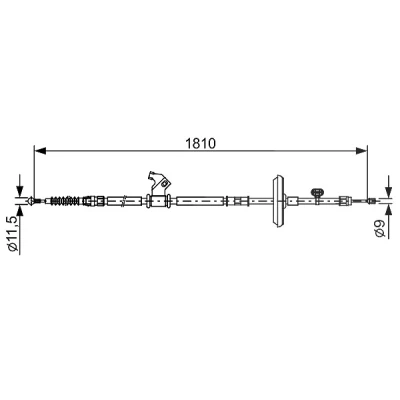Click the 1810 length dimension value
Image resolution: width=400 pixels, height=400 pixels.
pyautogui.click(x=201, y=143)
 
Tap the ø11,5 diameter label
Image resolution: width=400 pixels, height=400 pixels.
pyautogui.click(x=13, y=234)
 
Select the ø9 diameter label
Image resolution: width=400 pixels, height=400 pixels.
pyautogui.click(x=380, y=228)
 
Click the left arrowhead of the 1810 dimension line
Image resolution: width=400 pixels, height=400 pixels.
pyautogui.click(x=40, y=151)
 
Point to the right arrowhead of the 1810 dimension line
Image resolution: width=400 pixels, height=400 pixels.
pyautogui.click(x=361, y=151)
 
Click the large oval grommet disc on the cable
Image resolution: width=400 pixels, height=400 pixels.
pyautogui.click(x=278, y=201)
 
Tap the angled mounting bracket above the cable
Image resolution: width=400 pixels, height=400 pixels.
pyautogui.click(x=159, y=183)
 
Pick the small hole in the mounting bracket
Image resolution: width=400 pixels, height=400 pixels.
pyautogui.click(x=164, y=183)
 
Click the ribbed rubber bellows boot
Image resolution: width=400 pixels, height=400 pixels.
pyautogui.click(x=65, y=201)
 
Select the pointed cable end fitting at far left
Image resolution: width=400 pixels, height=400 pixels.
pyautogui.click(x=31, y=201)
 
